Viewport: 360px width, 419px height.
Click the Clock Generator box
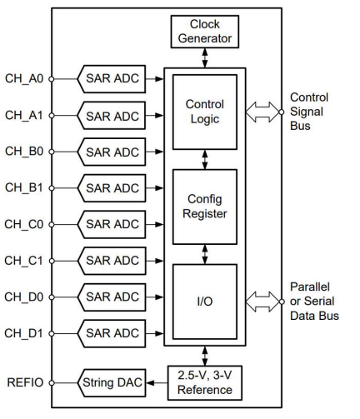click(x=205, y=32)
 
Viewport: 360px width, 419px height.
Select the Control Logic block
click(x=205, y=112)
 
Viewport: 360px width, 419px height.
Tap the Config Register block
click(x=205, y=207)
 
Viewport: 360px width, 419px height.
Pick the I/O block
click(x=205, y=302)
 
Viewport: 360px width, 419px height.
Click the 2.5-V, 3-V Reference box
click(x=205, y=383)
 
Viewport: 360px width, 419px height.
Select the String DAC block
click(x=112, y=383)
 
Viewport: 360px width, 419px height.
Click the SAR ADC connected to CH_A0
click(x=112, y=79)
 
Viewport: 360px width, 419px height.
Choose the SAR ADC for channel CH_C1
click(x=112, y=261)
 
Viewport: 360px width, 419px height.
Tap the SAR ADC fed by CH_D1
click(x=112, y=333)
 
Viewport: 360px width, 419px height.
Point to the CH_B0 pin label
click(x=24, y=152)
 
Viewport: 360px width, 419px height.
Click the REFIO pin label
click(x=25, y=382)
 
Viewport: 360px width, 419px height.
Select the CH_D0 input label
click(x=24, y=297)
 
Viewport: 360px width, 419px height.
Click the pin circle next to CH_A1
click(x=52, y=115)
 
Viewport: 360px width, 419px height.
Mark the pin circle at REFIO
click(x=52, y=383)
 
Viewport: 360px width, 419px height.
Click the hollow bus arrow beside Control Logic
click(x=262, y=112)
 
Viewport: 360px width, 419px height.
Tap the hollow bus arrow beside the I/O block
click(x=262, y=302)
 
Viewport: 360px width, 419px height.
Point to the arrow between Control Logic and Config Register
click(x=205, y=160)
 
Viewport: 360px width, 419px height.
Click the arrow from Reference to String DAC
click(x=157, y=383)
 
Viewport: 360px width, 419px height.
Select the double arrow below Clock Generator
click(x=205, y=58)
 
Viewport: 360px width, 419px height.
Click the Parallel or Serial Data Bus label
click(x=314, y=302)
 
